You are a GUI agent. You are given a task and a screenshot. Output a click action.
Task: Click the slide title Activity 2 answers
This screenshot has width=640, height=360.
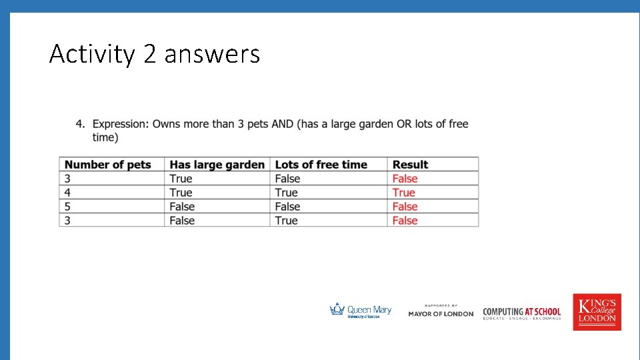tap(154, 53)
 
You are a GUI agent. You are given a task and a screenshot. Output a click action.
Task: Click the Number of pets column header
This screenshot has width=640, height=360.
tap(107, 165)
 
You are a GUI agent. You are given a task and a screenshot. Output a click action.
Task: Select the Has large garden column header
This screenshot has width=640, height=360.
tap(217, 165)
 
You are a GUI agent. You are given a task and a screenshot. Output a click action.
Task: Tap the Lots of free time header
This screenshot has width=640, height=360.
tap(321, 165)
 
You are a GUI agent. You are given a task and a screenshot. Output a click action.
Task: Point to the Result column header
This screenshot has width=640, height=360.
tap(410, 165)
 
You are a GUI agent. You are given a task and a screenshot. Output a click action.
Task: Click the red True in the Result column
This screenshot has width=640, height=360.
tap(403, 193)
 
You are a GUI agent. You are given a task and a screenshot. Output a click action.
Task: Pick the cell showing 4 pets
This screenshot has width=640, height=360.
tap(67, 193)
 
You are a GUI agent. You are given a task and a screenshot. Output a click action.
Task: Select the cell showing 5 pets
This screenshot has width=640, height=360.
tap(67, 207)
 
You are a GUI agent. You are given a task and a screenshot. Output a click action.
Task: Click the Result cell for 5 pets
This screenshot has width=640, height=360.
tap(405, 207)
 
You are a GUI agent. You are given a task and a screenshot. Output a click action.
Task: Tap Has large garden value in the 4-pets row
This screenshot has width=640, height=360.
tap(181, 193)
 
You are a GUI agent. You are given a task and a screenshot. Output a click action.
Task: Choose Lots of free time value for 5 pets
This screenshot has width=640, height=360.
tap(287, 207)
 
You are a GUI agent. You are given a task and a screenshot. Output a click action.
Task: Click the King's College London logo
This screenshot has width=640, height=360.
tap(597, 312)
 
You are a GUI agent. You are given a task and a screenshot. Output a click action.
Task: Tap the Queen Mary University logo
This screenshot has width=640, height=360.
tap(361, 311)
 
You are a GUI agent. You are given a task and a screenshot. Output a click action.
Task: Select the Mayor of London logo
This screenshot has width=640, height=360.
tap(441, 312)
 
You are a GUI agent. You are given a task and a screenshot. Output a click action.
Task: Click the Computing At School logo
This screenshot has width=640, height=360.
tap(522, 313)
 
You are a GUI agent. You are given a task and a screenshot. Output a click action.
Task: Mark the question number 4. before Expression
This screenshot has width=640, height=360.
tap(80, 124)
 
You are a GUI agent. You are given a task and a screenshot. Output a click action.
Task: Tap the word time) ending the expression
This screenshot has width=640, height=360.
tap(105, 137)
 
